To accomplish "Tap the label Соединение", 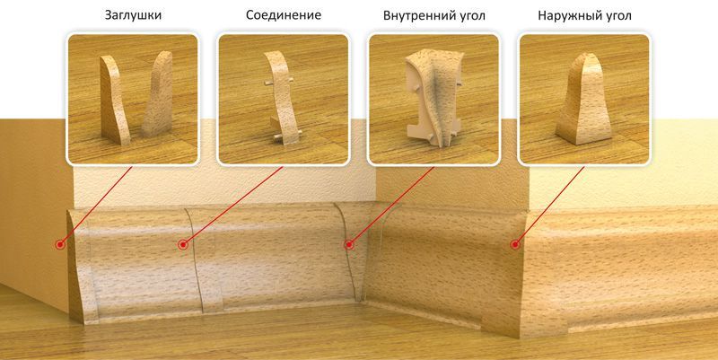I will pyautogui.click(x=282, y=16).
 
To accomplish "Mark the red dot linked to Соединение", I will pyautogui.click(x=183, y=243).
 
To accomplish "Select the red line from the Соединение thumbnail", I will pyautogui.click(x=224, y=204).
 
